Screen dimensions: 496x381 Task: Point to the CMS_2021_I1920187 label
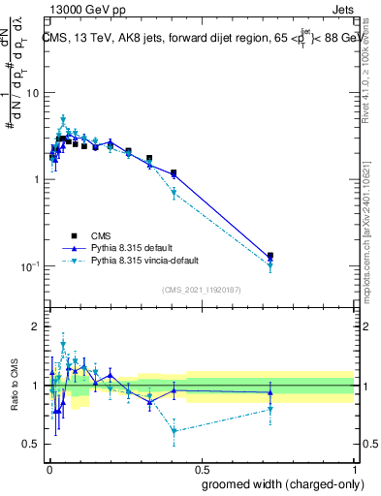(x=201, y=290)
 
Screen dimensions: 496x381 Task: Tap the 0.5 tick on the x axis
(x=200, y=468)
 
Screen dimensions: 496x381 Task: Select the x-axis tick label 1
(x=353, y=468)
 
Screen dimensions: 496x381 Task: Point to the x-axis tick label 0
(x=48, y=468)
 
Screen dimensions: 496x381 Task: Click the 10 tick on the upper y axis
(x=32, y=93)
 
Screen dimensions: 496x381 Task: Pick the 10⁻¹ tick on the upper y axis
(x=30, y=266)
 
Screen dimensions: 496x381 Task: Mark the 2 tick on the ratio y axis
(x=37, y=326)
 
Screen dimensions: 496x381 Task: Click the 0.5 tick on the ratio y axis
(x=32, y=444)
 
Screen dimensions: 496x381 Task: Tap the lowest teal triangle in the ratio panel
(x=174, y=431)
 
